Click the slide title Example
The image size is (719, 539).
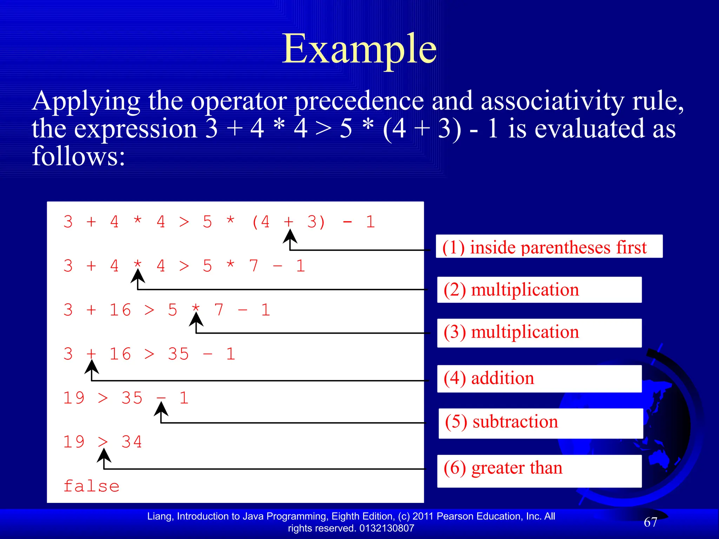[x=359, y=49]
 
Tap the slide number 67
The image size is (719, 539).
[x=650, y=522]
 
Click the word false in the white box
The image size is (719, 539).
[x=91, y=486]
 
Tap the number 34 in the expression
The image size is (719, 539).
[x=132, y=442]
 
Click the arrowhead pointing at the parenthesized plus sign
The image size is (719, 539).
[x=290, y=236]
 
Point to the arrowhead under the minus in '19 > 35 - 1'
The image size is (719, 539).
[x=161, y=409]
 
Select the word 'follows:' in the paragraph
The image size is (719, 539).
[x=78, y=156]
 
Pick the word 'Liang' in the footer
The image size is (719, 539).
[x=159, y=516]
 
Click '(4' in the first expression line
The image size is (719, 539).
[x=260, y=222]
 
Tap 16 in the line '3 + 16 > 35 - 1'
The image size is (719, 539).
[x=120, y=354]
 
